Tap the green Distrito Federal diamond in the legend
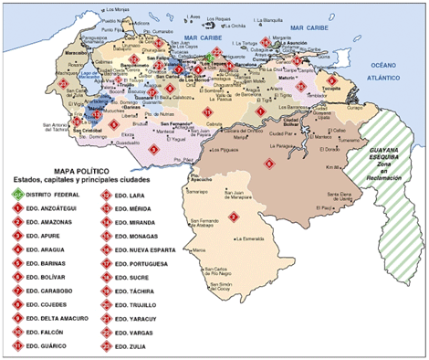(17, 195)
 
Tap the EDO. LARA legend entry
(129, 195)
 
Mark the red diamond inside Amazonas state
(233, 217)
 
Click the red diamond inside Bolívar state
(268, 164)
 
